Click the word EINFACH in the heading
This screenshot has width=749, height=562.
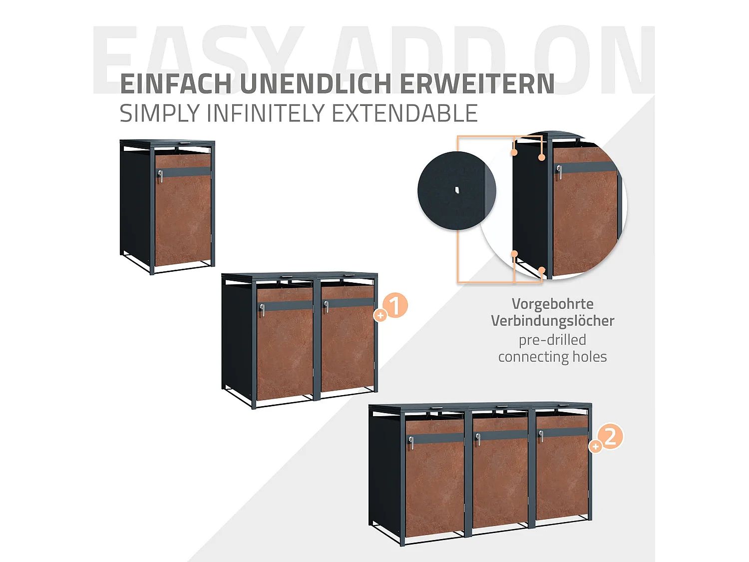176,84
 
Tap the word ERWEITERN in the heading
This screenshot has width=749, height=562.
477,84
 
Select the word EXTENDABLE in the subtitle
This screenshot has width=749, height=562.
404,113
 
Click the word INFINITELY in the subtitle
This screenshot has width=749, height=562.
267,113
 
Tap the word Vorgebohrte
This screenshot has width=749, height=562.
552,304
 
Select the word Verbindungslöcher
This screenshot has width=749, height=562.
552,321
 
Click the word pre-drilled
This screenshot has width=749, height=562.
552,340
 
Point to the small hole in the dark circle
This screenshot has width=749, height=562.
456,190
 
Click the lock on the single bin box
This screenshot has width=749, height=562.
160,176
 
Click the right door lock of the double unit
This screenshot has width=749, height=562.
326,306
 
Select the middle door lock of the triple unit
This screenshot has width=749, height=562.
478,439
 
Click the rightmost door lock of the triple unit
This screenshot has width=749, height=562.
541,436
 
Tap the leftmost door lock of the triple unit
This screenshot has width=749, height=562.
411,443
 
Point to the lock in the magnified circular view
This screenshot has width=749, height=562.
559,172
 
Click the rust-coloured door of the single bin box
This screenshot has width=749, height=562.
183,220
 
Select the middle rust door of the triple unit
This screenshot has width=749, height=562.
500,480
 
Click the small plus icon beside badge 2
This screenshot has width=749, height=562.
595,447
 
